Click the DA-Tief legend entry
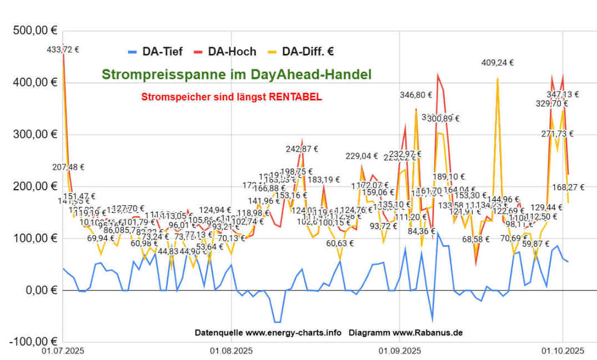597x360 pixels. point(162,52)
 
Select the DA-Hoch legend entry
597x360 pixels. point(232,52)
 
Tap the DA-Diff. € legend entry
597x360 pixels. point(308,52)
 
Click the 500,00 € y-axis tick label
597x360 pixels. point(35,31)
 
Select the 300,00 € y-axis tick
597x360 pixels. point(35,135)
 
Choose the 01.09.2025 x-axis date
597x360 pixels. point(399,351)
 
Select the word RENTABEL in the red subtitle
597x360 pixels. point(295,97)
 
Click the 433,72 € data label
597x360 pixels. point(63,49)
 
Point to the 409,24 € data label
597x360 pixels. point(497,63)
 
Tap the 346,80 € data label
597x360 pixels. point(416,95)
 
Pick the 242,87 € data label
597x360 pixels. point(302,149)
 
